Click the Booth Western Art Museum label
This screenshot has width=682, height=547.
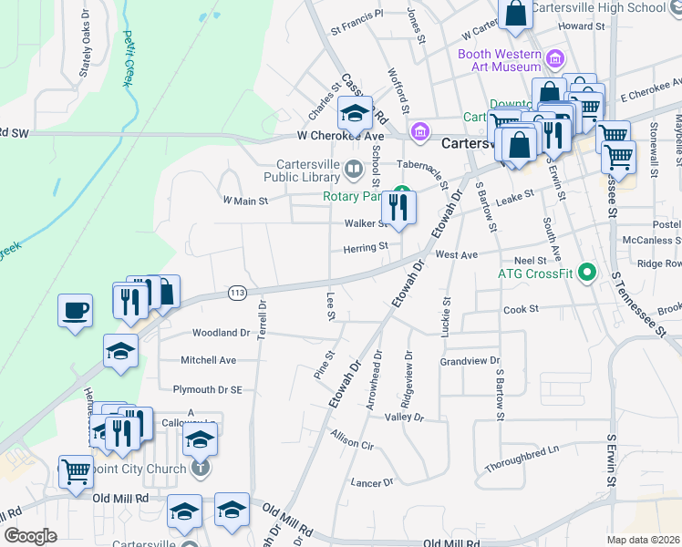pos(500,60)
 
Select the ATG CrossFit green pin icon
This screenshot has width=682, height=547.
pos(588,272)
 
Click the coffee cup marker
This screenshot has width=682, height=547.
pos(76,310)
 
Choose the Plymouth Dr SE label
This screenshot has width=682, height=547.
pos(208,389)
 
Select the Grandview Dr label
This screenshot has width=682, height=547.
pos(470,362)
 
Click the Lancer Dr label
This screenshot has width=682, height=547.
pos(372,481)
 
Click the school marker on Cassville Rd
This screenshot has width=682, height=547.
pos(354,114)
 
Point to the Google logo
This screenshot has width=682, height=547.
pos(31,536)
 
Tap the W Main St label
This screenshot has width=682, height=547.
pos(244,201)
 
